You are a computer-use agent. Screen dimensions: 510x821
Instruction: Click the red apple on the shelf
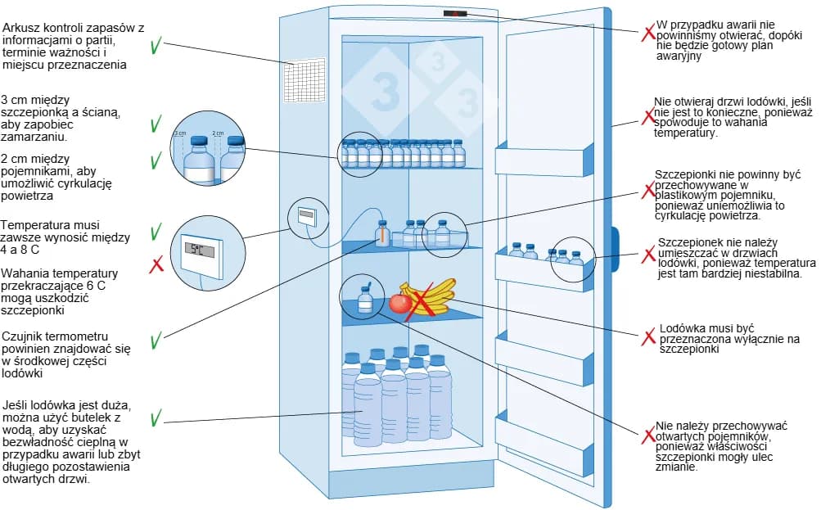[x=399, y=304]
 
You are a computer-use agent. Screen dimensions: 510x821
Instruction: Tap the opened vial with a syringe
[x=365, y=300]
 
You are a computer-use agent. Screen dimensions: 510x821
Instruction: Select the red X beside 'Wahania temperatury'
[x=156, y=264]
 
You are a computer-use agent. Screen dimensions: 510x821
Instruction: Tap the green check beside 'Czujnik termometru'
[x=156, y=338]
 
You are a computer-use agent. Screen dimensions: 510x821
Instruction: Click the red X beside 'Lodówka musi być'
[x=649, y=336]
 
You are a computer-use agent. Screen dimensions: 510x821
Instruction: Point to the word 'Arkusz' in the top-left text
[x=20, y=28]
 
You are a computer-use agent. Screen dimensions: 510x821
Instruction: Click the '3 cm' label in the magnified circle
[x=181, y=132]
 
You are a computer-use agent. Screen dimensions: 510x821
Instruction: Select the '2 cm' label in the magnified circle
[x=218, y=132]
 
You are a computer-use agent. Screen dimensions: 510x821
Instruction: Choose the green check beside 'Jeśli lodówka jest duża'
[x=156, y=419]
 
